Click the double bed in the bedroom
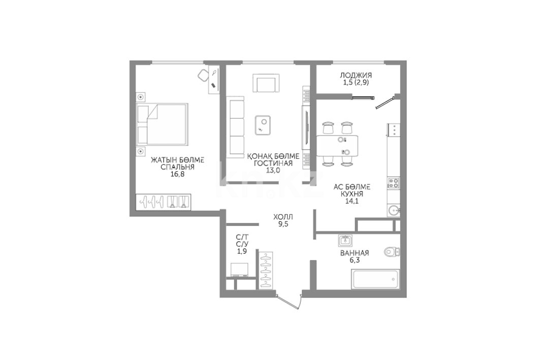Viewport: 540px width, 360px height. point(162,124)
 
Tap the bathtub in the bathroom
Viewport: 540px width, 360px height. point(375,279)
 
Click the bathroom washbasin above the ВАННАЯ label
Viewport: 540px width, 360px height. point(344,241)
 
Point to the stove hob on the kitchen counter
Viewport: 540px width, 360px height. point(393,183)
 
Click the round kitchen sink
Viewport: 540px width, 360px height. point(394,209)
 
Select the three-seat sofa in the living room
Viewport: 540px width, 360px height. point(235,127)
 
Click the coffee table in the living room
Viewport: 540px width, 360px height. point(263,125)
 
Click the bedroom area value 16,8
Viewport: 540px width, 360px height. point(178,174)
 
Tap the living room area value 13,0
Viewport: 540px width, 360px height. point(273,170)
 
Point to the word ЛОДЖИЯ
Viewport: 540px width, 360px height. point(356,75)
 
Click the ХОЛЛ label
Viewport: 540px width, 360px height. point(283,217)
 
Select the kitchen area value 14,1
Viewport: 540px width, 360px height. point(352,201)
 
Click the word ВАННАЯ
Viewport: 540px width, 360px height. point(355,253)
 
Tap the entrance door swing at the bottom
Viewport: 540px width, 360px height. point(289,302)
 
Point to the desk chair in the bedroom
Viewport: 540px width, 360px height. point(203,75)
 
